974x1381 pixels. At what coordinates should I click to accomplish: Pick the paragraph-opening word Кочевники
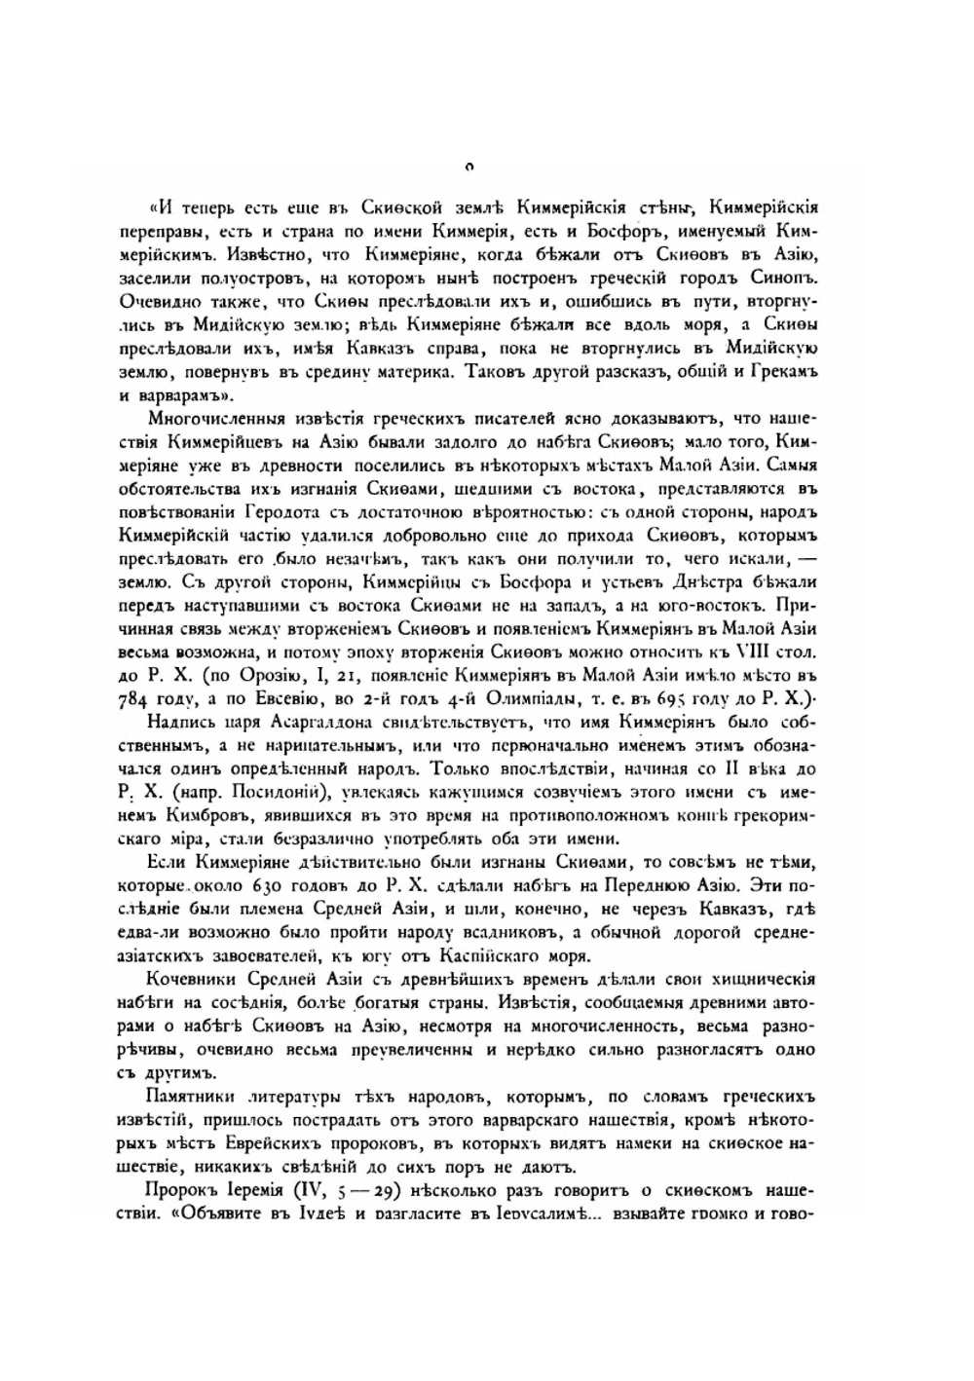click(191, 979)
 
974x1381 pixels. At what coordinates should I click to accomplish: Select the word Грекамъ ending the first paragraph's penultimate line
click(783, 372)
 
